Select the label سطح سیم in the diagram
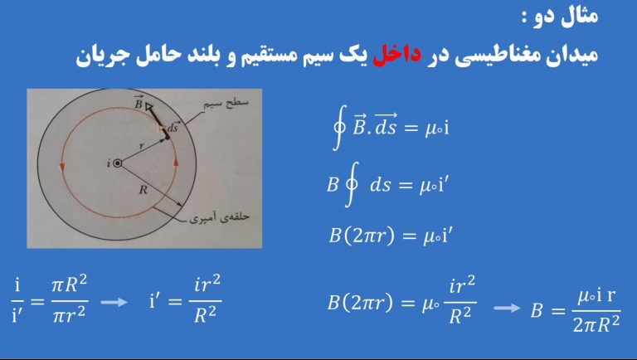(x=226, y=104)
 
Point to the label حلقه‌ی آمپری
(x=219, y=218)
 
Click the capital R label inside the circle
(x=143, y=190)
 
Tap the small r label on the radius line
(x=141, y=146)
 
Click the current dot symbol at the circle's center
(x=118, y=163)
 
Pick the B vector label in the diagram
(x=139, y=103)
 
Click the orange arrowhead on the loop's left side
(x=62, y=167)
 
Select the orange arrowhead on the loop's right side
(x=177, y=161)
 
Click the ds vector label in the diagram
(x=173, y=127)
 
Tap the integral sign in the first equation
(x=339, y=128)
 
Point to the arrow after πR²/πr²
(x=114, y=302)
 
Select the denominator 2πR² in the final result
(x=596, y=324)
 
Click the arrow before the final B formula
(x=507, y=308)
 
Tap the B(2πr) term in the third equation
(x=362, y=236)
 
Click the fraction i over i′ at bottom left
(x=17, y=300)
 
